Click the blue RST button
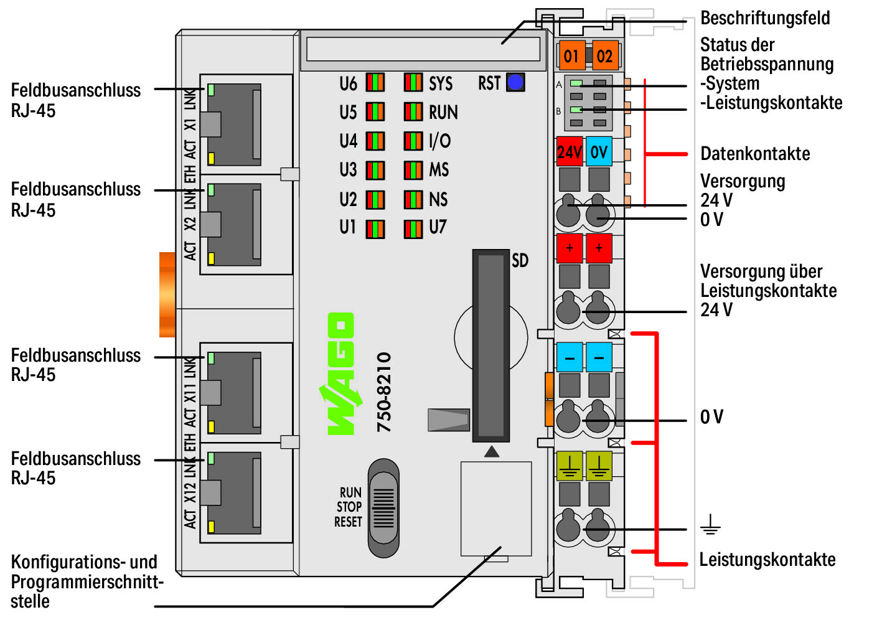515,82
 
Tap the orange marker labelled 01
571,56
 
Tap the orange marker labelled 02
604,56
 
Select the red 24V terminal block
570,152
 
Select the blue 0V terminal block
599,152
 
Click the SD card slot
491,345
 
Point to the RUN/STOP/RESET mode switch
383,508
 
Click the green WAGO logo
341,374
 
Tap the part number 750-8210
384,392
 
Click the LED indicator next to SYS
413,83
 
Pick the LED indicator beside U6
375,83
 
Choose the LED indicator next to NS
413,200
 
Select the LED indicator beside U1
375,228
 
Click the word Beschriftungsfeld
765,18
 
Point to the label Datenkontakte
755,154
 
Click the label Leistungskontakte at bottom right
767,560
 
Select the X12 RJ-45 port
234,492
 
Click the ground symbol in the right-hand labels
710,526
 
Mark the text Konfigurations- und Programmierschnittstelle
86,581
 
